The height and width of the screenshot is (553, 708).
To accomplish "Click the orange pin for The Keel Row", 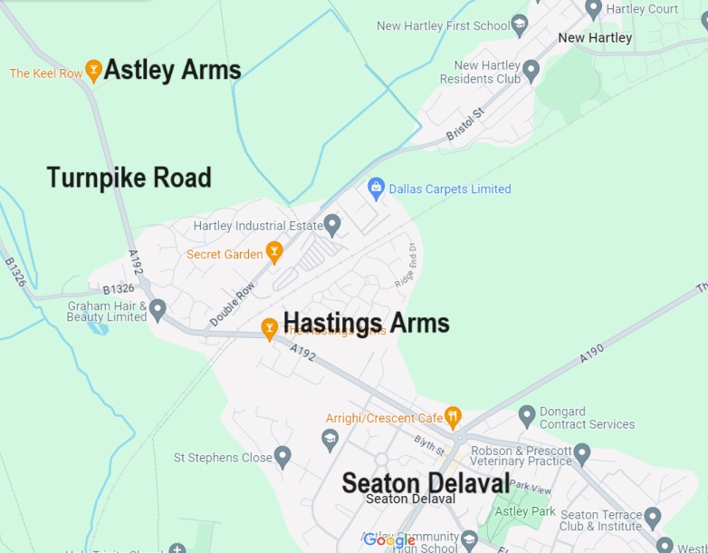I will (93, 70).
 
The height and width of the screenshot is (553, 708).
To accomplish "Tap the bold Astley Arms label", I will (172, 70).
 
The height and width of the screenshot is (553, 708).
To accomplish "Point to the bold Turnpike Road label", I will (129, 178).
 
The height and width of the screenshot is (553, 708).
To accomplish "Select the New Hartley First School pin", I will (520, 25).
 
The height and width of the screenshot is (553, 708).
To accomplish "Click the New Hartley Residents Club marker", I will (531, 69).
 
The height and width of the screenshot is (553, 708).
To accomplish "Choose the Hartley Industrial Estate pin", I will (332, 224).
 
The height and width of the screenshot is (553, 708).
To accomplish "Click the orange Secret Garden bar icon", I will (274, 252).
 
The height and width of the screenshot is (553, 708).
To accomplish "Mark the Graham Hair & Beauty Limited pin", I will (158, 309).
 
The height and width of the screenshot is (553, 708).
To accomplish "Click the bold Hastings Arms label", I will (366, 323).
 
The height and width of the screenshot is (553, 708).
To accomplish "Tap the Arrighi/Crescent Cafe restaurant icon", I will (454, 416).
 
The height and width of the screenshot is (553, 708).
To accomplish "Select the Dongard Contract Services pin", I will (527, 416).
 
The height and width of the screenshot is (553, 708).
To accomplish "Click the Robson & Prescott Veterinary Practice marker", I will (582, 452).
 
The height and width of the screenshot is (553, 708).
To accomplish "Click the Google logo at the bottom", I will (389, 540).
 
